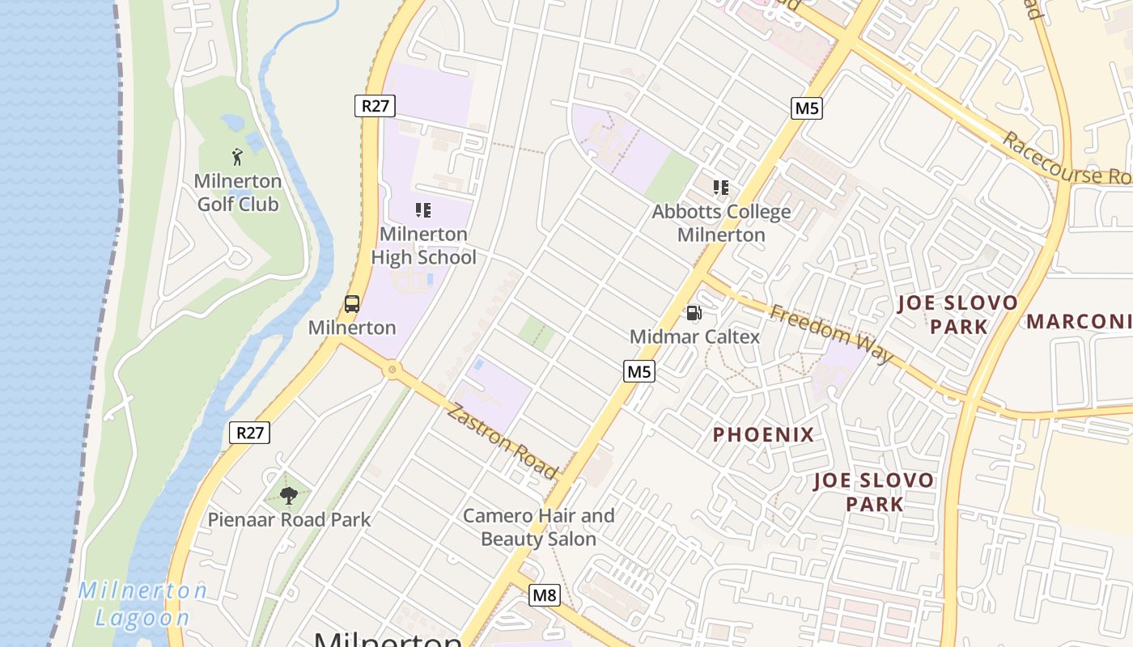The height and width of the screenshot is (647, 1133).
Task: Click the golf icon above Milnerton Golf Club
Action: (237, 156)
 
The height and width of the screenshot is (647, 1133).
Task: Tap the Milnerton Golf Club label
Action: (238, 192)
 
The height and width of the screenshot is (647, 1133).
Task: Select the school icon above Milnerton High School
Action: (422, 210)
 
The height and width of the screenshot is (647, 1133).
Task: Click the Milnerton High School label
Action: (423, 245)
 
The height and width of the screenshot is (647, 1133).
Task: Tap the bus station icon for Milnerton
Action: (352, 304)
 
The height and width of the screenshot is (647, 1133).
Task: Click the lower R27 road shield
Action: (249, 432)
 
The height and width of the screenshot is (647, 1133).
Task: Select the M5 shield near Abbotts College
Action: (806, 108)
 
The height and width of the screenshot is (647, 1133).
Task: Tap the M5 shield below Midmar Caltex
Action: (639, 371)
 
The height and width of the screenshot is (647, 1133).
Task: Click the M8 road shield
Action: (545, 595)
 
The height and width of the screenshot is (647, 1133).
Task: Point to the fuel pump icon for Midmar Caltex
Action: (694, 313)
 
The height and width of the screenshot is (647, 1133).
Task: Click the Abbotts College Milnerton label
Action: (721, 223)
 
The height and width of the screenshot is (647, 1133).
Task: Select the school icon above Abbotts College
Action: (721, 188)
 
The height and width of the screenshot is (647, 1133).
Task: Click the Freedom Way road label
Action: (831, 333)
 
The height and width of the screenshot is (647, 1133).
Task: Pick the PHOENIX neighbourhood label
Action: (763, 434)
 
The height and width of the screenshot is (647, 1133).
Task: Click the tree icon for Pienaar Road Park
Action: (288, 495)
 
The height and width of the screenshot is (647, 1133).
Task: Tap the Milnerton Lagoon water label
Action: (143, 604)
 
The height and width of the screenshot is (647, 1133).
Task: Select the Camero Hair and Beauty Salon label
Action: (538, 526)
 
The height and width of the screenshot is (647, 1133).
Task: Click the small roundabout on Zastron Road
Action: (393, 370)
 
